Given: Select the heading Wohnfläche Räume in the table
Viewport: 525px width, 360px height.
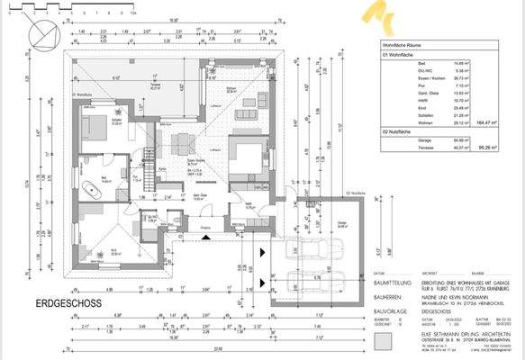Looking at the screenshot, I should [x=402, y=43].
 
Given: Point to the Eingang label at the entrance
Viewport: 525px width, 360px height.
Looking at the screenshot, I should [x=206, y=228].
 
